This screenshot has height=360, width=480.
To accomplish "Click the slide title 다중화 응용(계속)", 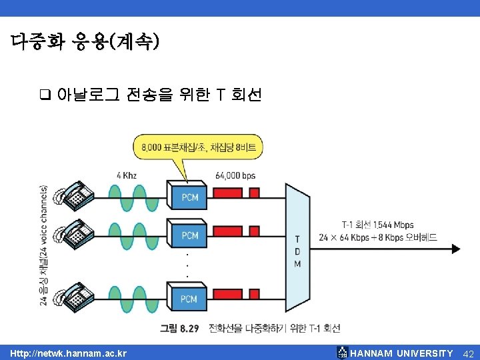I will (x=85, y=42).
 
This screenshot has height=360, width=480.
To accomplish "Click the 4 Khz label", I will (x=127, y=175).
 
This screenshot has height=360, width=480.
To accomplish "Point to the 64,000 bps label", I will (x=235, y=175).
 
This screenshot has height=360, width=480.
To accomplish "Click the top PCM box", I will (x=189, y=197).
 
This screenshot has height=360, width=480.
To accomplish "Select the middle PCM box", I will (x=189, y=235).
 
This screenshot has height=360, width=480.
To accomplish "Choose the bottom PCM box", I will (x=189, y=299).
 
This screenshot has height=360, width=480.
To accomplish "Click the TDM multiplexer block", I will (x=297, y=251).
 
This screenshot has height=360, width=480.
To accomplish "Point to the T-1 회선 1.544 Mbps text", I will (x=377, y=225).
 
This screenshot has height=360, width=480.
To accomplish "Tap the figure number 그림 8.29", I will (x=178, y=328).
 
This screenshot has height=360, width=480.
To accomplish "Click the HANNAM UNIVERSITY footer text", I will (x=401, y=353).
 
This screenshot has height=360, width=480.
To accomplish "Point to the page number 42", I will (x=468, y=353).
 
